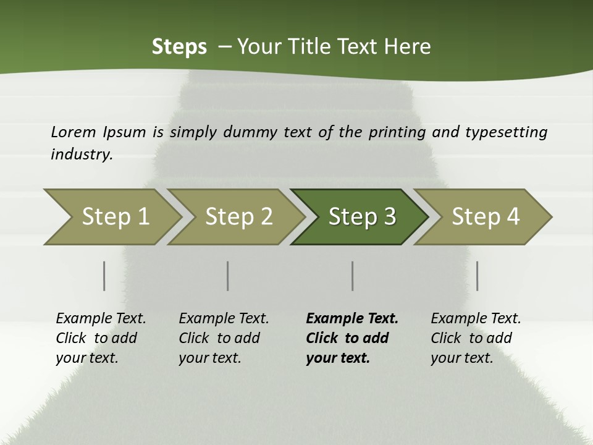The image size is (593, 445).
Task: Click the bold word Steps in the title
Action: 179,47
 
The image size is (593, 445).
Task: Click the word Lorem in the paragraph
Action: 74,132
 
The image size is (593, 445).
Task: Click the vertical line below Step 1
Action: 104,276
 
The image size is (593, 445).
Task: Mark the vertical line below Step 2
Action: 228,276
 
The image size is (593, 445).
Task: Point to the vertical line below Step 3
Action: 352,276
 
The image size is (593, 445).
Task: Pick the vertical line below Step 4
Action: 477,276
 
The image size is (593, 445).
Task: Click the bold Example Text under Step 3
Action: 352,318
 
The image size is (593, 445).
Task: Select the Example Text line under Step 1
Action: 101,318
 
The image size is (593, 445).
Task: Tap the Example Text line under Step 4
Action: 476,318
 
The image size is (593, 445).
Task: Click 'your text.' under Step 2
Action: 209,358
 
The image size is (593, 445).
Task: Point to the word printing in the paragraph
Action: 397,132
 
